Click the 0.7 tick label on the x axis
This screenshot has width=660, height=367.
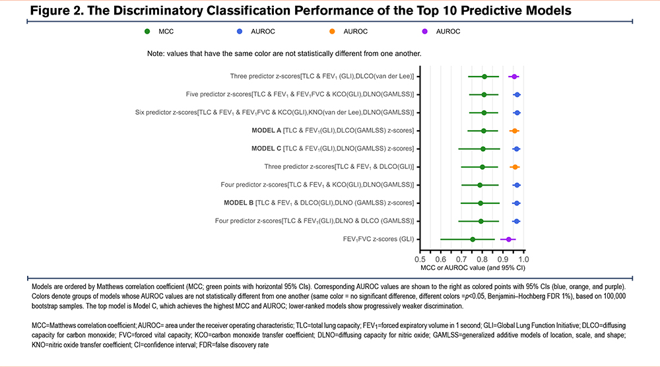point(462,260)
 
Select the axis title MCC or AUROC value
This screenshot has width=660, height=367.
point(473,269)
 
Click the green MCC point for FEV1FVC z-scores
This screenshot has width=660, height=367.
point(473,239)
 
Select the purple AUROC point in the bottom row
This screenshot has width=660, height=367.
point(508,239)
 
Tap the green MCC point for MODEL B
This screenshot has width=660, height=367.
point(480,203)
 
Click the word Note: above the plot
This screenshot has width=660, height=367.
point(159,53)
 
